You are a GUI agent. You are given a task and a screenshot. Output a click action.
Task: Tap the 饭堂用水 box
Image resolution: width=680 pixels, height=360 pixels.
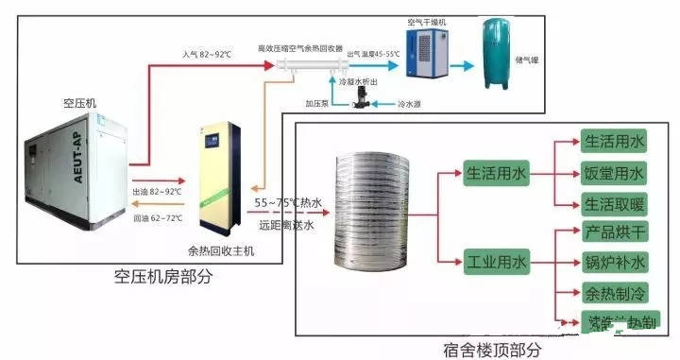pos(613,174)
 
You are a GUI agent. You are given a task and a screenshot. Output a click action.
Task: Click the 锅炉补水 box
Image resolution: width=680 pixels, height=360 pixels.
pos(613,262)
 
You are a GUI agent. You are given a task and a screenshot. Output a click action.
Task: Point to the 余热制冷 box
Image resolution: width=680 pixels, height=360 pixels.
pos(613,293)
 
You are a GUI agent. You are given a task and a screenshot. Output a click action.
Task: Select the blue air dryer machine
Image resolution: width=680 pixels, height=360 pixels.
pos(427,53)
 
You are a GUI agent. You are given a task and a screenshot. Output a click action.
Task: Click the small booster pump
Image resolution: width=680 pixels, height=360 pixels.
pos(360,106)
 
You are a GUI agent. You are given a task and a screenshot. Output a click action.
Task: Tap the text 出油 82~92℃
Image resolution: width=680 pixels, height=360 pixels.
pos(158,191)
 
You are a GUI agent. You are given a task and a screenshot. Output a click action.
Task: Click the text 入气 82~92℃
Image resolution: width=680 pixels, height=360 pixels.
pos(207,56)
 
